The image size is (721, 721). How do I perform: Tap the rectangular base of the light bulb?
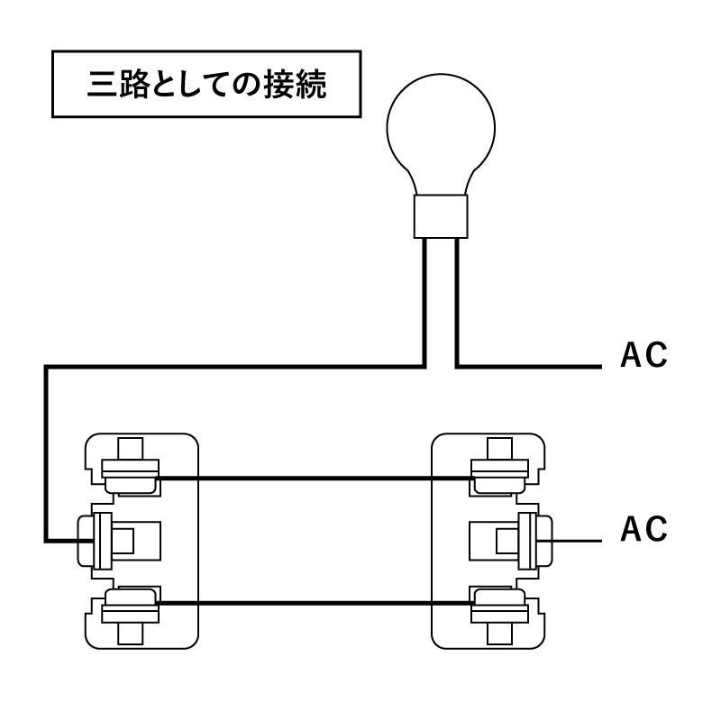pos(441,216)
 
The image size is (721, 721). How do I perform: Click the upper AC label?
pos(643,355)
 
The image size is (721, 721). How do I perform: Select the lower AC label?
pos(643,529)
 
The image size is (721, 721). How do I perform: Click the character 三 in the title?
pos(102,84)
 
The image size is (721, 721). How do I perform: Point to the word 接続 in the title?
pos(296,84)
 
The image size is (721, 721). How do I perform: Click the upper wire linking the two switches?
pos(315,479)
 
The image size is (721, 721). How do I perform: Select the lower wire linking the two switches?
pos(315,602)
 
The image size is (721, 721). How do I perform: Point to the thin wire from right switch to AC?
pos(576,541)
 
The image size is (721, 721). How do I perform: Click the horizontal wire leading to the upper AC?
pos(529,367)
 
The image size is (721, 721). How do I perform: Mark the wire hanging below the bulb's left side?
pos(424,303)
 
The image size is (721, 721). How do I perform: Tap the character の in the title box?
pos(246,85)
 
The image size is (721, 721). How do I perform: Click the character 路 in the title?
pos(133,84)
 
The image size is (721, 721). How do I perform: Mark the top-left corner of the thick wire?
pos(46,367)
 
